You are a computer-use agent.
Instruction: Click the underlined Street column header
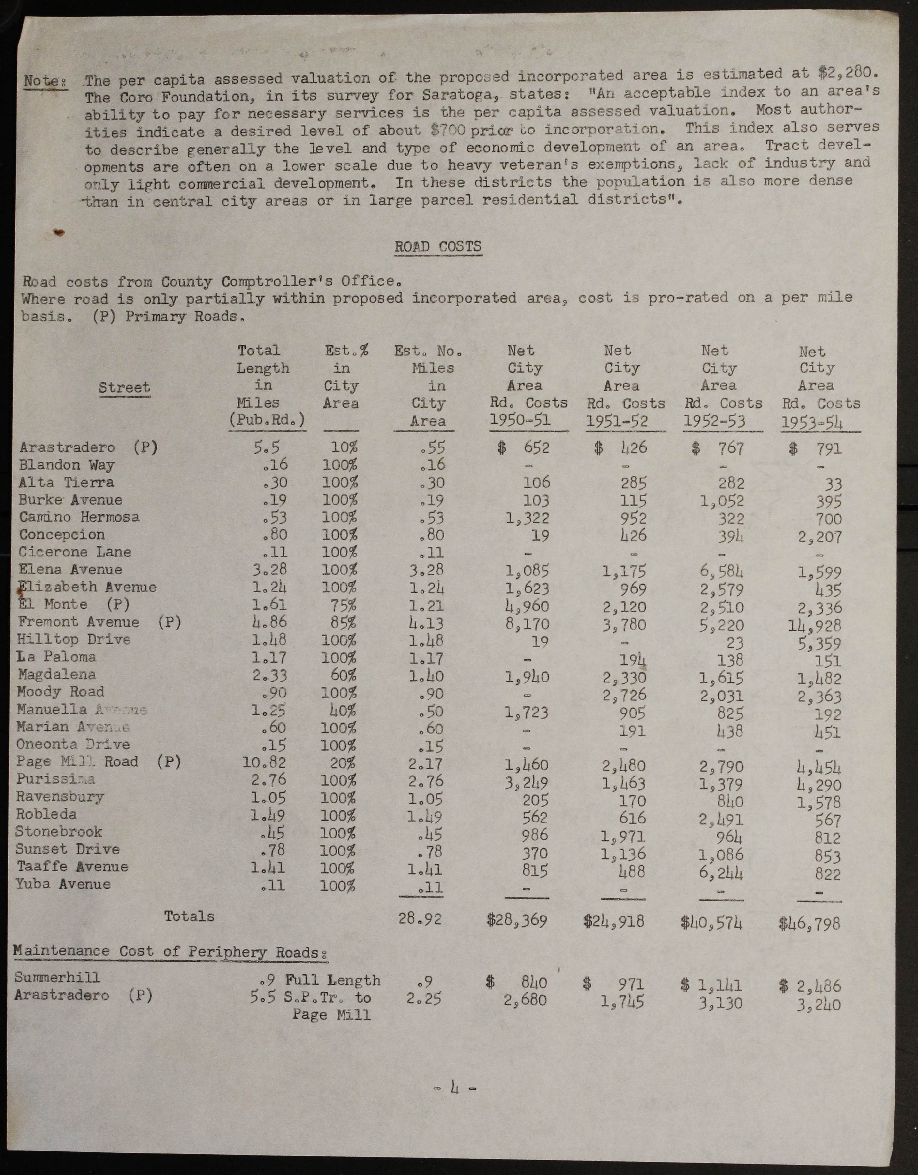tap(124, 387)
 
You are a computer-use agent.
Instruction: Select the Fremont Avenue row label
tap(79, 622)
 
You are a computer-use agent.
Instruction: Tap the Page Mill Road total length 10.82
tap(264, 762)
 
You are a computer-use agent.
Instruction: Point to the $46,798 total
tap(809, 924)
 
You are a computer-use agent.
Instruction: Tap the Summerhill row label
tap(57, 977)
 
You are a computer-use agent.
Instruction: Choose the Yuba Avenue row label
tap(64, 884)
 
